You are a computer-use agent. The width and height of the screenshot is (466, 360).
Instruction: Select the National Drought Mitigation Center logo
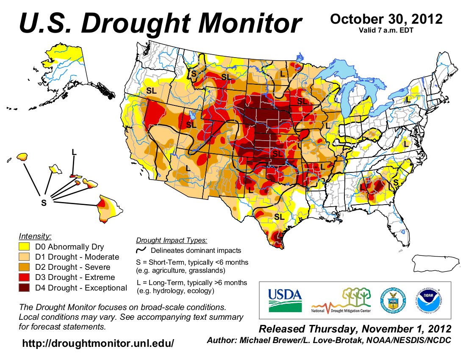click(341, 301)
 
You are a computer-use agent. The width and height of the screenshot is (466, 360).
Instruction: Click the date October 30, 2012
click(386, 19)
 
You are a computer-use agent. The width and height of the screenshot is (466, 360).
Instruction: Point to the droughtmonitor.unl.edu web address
click(98, 343)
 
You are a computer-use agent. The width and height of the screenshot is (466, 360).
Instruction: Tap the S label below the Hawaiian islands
click(43, 203)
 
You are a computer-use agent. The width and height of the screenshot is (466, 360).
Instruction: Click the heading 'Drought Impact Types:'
click(171, 241)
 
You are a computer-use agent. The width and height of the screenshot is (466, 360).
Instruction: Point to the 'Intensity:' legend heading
click(35, 236)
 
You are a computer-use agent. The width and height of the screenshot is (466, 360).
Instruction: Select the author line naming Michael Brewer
click(328, 340)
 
